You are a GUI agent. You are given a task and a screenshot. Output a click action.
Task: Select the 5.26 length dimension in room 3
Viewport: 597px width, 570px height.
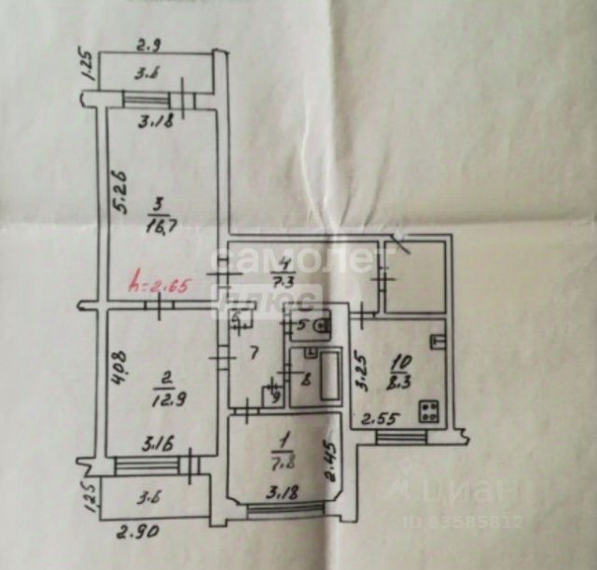click(118, 194)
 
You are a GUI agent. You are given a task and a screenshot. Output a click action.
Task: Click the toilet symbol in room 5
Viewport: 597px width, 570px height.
click(320, 327)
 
